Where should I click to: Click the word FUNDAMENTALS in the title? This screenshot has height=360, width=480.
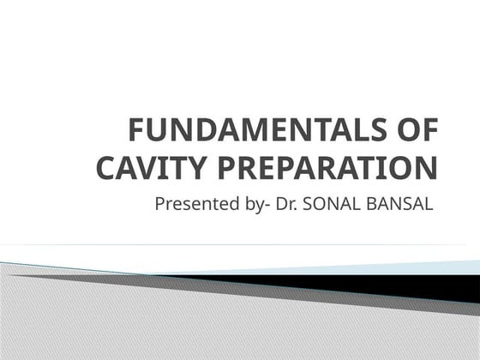point(256,132)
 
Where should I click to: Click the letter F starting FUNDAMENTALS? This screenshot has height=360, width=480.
point(135,132)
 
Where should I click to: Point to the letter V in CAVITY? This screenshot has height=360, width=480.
point(147,168)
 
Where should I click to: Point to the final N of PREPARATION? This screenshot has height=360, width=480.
point(427,168)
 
